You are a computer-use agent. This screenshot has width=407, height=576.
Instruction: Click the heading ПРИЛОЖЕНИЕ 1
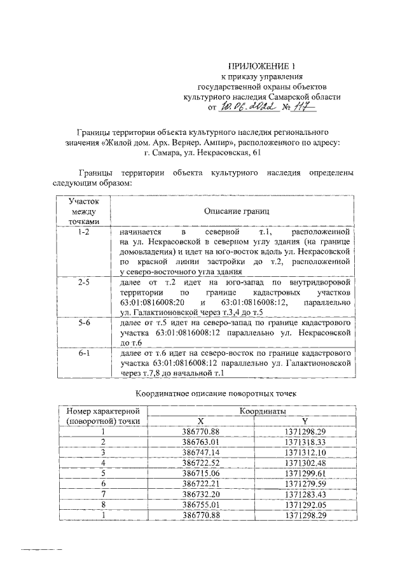pos(262,66)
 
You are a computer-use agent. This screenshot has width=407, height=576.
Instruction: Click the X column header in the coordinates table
pos(200,421)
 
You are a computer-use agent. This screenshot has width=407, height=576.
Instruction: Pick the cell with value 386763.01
pos(200,442)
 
